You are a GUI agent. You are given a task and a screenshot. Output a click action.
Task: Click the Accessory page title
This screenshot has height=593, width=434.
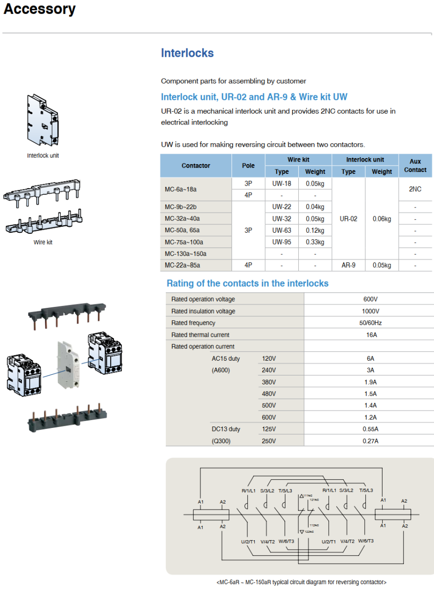point(39,9)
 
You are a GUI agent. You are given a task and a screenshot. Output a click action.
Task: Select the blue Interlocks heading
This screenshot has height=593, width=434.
point(187,53)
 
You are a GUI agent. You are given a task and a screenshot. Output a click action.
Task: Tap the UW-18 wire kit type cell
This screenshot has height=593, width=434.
point(281,183)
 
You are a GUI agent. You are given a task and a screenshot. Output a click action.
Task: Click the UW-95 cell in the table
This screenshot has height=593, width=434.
point(281,242)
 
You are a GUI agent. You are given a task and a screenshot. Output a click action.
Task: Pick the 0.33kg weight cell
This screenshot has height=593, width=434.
point(315,242)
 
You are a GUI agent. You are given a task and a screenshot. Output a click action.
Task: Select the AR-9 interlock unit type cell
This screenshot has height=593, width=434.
point(348,265)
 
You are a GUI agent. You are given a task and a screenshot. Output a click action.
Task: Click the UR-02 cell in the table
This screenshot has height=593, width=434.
point(348,218)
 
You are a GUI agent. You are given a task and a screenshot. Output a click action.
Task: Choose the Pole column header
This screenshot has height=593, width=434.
point(248,166)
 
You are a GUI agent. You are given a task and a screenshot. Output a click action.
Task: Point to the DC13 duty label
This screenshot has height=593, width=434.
point(226,429)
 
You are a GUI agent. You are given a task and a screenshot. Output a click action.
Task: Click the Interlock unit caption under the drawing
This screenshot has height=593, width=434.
point(43,156)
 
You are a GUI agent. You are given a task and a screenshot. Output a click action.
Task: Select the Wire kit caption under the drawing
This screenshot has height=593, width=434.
point(43,242)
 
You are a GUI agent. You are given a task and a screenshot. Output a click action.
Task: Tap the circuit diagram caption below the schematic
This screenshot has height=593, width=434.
point(301,582)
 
